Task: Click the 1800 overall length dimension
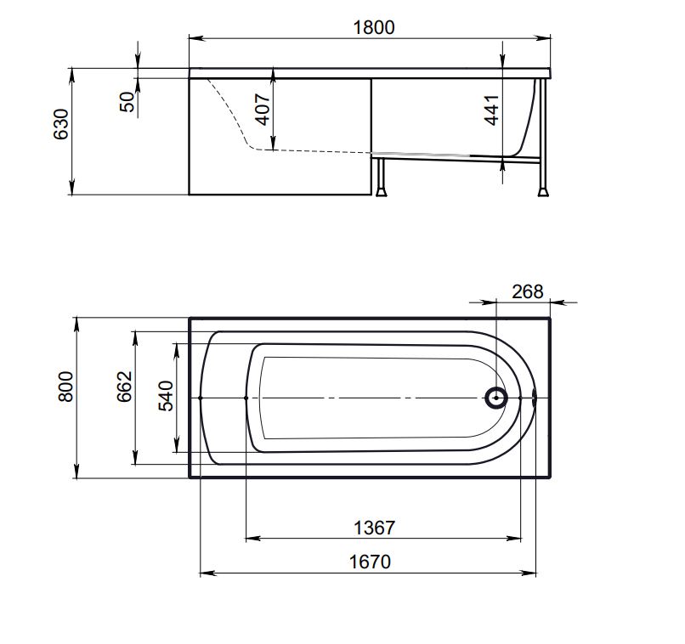coord(373,27)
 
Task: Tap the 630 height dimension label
coord(61,124)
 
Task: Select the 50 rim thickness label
coord(127,102)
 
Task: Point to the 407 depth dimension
coord(263,109)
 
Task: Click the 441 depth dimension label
coord(492,110)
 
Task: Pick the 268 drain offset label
coord(528,291)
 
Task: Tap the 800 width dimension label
coord(66,387)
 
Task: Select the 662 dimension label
coord(124,387)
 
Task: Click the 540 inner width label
coord(166,396)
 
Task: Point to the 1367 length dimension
coord(375,528)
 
